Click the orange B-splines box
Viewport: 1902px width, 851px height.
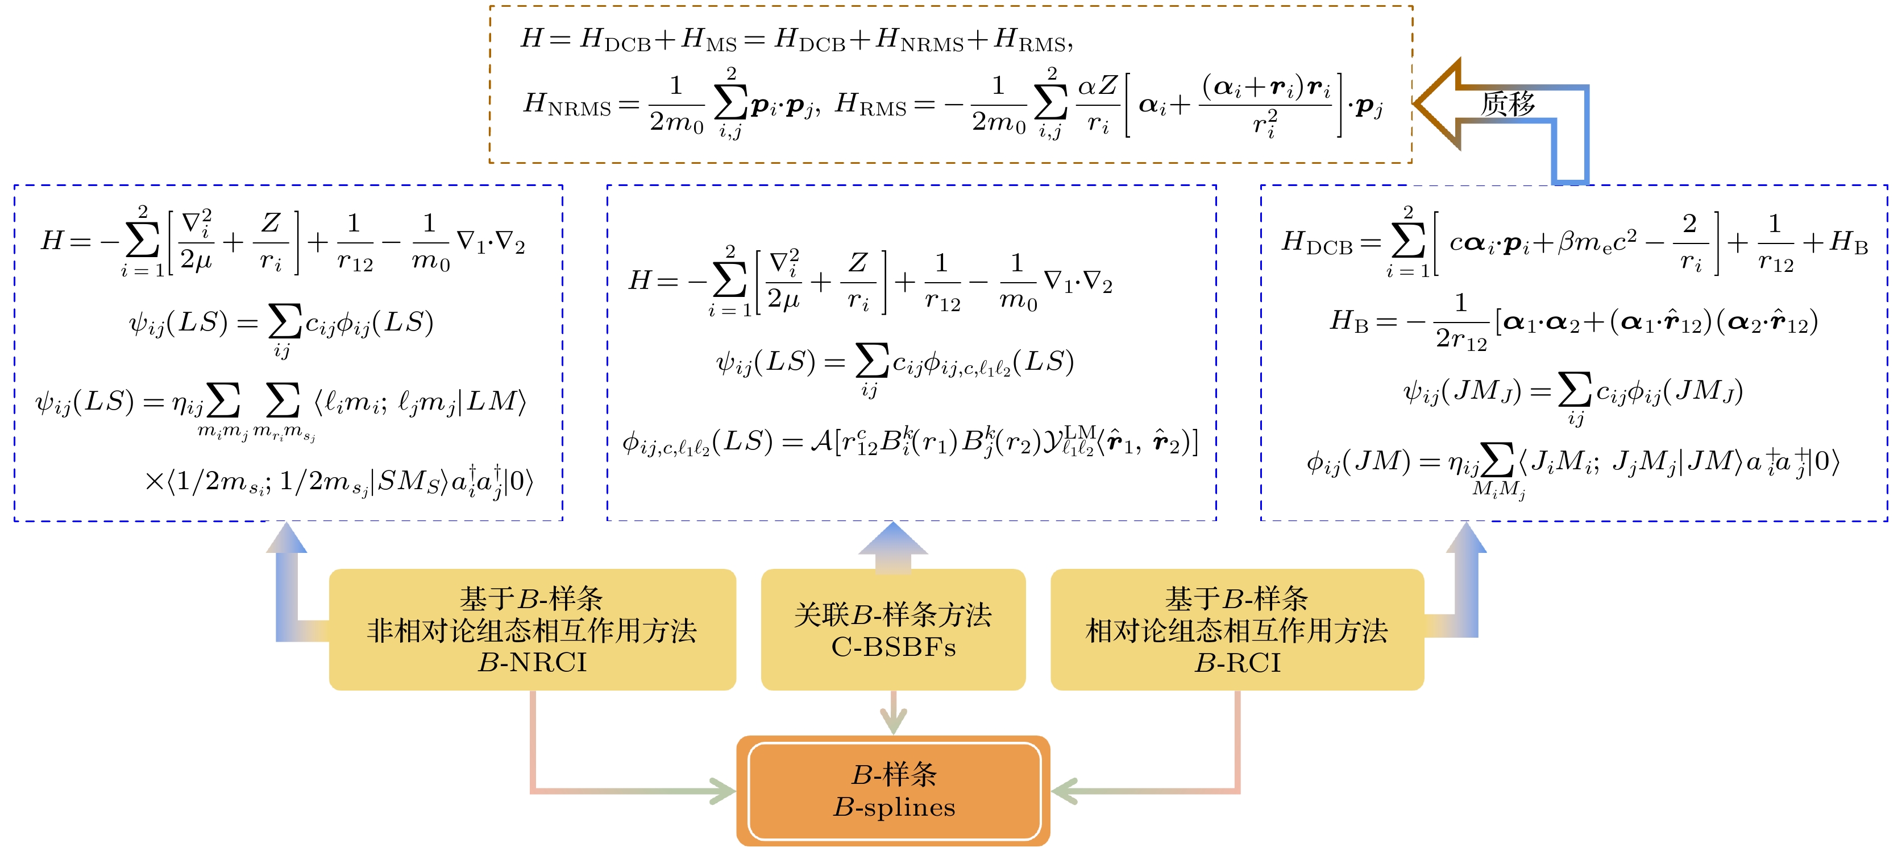(894, 791)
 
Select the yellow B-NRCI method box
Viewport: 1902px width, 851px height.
(531, 629)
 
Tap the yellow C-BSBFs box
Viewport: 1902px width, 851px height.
(894, 629)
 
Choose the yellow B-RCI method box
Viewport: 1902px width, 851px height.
(1237, 629)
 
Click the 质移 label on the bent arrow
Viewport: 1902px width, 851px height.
(1508, 104)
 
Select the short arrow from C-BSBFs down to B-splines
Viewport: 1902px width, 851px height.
(894, 713)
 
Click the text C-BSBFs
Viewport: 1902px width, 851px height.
(894, 648)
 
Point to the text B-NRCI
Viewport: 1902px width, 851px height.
(531, 663)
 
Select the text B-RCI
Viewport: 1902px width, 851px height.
(1237, 663)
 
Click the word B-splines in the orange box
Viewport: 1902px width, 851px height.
(894, 807)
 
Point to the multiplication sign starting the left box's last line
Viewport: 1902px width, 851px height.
(154, 482)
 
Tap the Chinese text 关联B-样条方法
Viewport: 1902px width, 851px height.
(894, 614)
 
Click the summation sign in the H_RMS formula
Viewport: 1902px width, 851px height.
(1052, 104)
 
